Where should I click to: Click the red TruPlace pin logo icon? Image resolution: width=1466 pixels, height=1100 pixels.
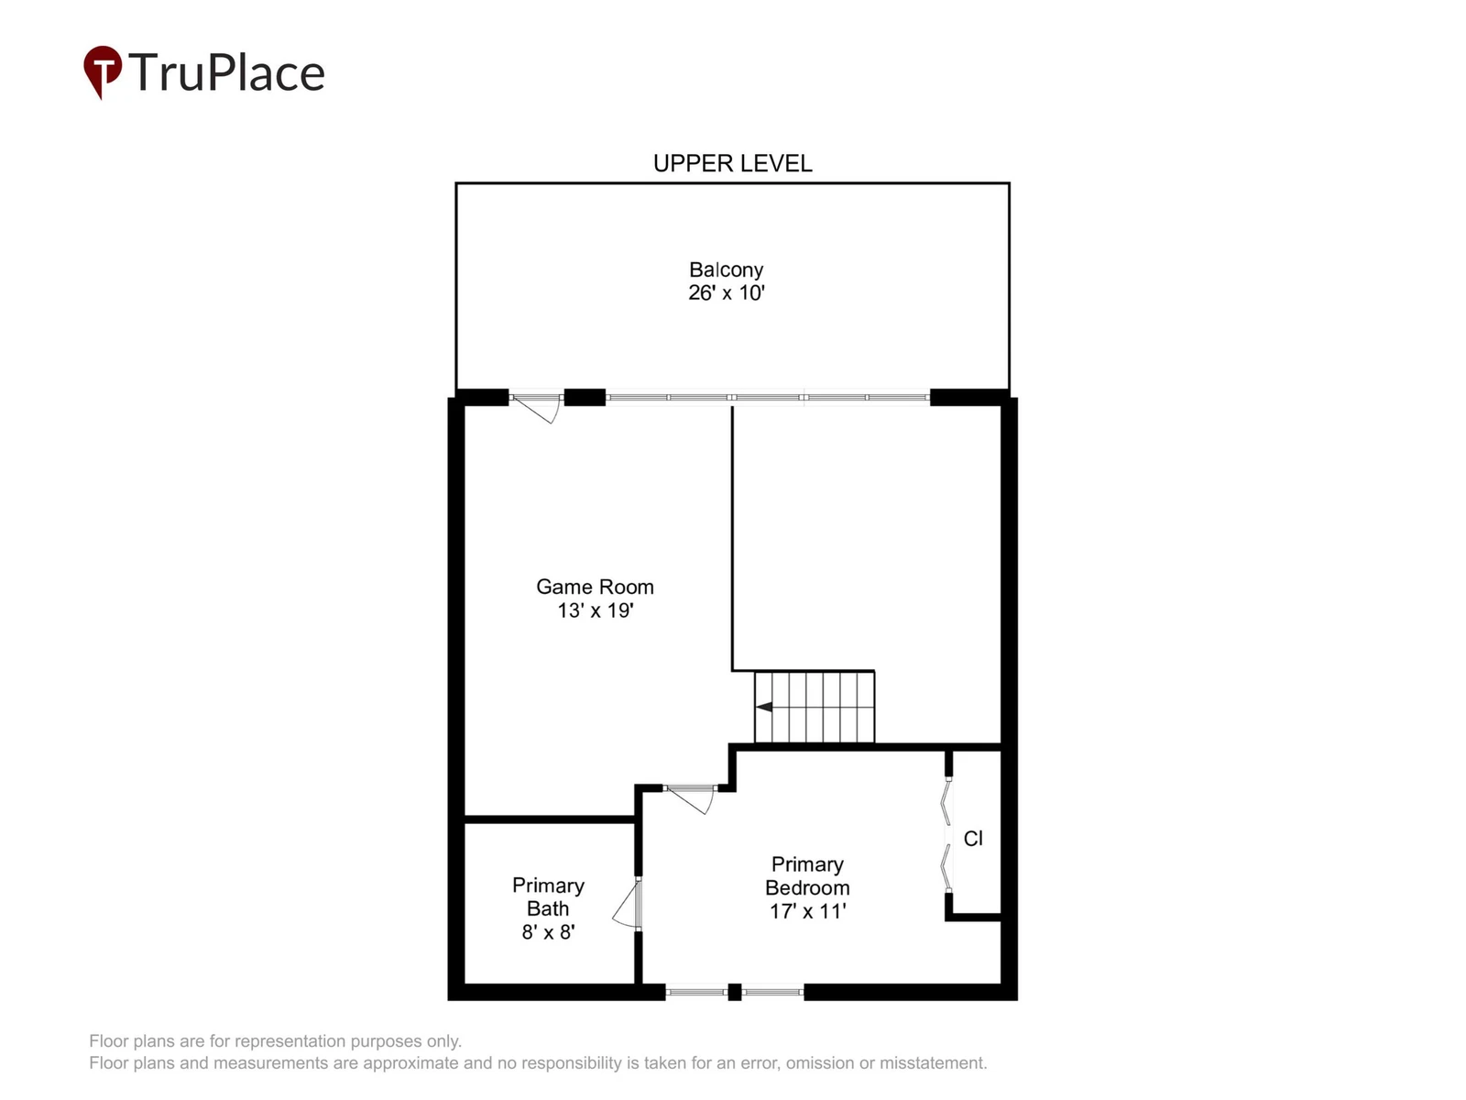[103, 71]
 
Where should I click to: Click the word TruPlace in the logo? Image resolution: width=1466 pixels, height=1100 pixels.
[226, 72]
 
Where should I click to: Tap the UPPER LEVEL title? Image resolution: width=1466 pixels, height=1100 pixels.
[732, 164]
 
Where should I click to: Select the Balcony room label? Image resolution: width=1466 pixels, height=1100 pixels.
[726, 269]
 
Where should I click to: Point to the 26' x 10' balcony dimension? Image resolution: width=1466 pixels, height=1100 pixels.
[726, 292]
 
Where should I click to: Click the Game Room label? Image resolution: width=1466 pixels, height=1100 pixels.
[595, 587]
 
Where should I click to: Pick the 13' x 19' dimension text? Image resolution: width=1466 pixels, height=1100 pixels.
[595, 610]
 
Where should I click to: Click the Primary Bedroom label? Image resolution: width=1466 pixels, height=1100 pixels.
[807, 876]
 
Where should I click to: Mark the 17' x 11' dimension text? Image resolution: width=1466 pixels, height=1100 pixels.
[807, 912]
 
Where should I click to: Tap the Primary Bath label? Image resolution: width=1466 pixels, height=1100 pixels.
[548, 897]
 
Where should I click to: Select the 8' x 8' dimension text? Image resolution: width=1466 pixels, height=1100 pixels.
[548, 932]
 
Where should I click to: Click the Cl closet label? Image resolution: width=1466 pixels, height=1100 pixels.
[973, 839]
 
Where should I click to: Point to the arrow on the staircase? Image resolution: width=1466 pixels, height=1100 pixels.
[764, 707]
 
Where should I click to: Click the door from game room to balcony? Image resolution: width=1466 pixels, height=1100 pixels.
[536, 408]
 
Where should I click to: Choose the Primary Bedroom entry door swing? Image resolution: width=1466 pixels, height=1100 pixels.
[691, 799]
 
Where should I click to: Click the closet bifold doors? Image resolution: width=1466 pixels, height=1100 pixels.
[947, 835]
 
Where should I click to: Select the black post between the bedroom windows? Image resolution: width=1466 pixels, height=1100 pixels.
[734, 993]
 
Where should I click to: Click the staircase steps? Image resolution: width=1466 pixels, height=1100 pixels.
[815, 707]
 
